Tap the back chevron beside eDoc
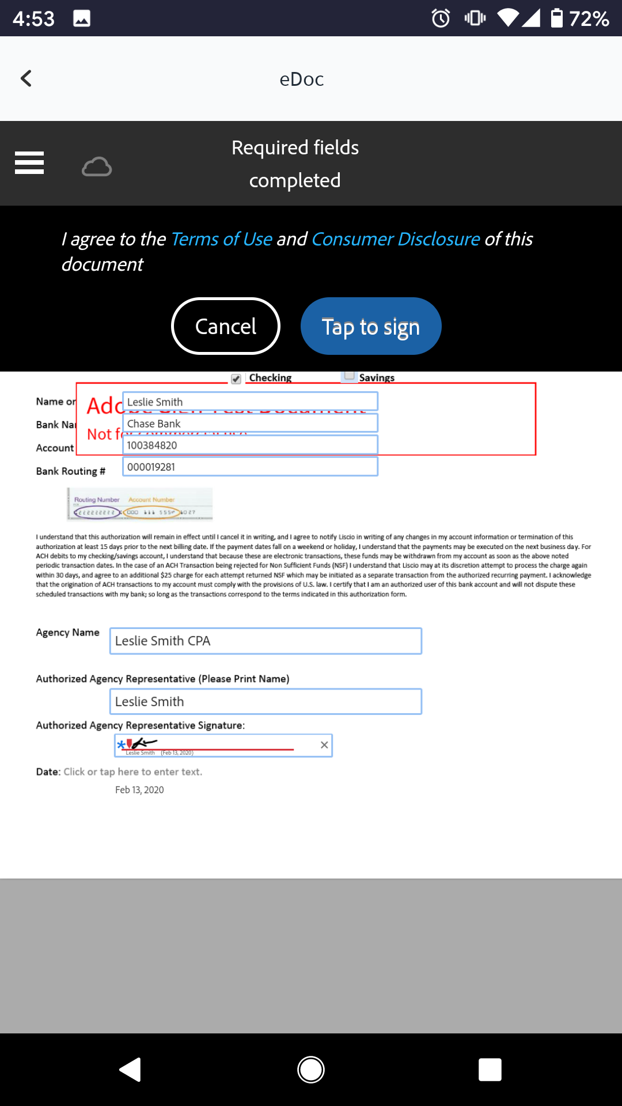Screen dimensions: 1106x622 point(26,78)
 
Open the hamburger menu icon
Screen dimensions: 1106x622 point(29,162)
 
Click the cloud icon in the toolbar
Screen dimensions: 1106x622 point(97,167)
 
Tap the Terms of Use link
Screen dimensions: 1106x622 point(222,239)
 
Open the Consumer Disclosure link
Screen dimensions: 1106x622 point(396,239)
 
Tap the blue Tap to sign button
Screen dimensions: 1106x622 point(371,326)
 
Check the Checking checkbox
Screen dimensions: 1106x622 point(236,378)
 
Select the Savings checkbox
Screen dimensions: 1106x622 point(349,376)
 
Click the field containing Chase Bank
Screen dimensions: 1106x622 point(250,423)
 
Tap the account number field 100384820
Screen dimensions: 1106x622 point(250,445)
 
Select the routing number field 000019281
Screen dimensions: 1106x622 point(250,467)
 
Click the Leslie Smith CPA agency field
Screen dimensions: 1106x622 point(266,641)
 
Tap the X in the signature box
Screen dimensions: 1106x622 point(324,745)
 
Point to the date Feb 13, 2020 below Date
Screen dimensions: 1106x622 point(139,790)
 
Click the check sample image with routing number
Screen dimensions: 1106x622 point(140,505)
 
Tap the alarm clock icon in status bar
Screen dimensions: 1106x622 point(441,18)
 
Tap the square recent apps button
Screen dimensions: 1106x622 point(490,1070)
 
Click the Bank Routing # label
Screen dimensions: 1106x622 point(71,471)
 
